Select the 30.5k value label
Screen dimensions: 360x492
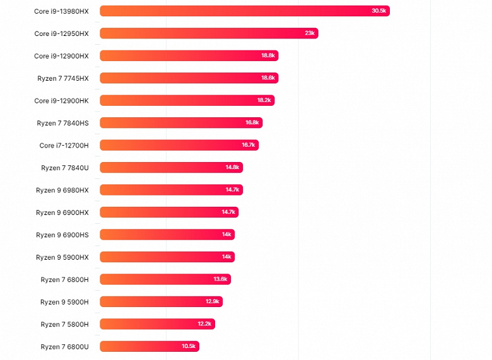[379, 11]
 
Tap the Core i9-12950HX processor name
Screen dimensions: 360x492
[61, 33]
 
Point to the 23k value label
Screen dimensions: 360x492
[310, 33]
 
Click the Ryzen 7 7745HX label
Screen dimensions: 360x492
[63, 78]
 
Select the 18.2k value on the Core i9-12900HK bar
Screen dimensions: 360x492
[264, 100]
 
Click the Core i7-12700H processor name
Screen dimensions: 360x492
[64, 145]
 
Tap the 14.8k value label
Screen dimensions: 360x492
[232, 167]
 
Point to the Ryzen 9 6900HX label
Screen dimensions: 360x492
[62, 212]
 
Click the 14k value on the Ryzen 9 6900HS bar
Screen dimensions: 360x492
[226, 235]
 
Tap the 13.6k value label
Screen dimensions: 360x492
[221, 279]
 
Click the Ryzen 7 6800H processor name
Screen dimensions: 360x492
[65, 279]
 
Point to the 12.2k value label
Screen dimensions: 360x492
[205, 324]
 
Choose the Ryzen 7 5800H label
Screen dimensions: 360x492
[65, 324]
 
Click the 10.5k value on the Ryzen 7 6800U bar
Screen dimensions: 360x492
[189, 346]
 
